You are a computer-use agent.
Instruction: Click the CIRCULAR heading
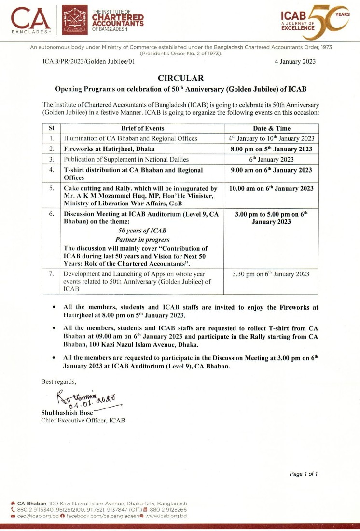(x=180, y=78)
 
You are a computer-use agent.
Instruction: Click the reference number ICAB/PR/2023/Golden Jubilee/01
(x=88, y=62)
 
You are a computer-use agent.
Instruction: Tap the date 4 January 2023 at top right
(x=295, y=62)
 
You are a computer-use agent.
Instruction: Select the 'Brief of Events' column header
(x=143, y=128)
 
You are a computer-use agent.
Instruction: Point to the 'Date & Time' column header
(x=271, y=128)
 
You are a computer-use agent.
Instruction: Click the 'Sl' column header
(x=51, y=128)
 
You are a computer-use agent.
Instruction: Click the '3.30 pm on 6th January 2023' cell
(x=271, y=274)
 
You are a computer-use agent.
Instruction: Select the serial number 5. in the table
(x=51, y=188)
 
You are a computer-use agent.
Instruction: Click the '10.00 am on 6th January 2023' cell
(x=271, y=188)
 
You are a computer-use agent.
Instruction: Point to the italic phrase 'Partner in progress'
(x=142, y=240)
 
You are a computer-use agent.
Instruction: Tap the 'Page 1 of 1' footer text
(x=304, y=474)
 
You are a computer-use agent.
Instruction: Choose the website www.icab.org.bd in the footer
(x=166, y=516)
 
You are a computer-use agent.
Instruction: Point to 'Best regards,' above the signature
(x=59, y=381)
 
